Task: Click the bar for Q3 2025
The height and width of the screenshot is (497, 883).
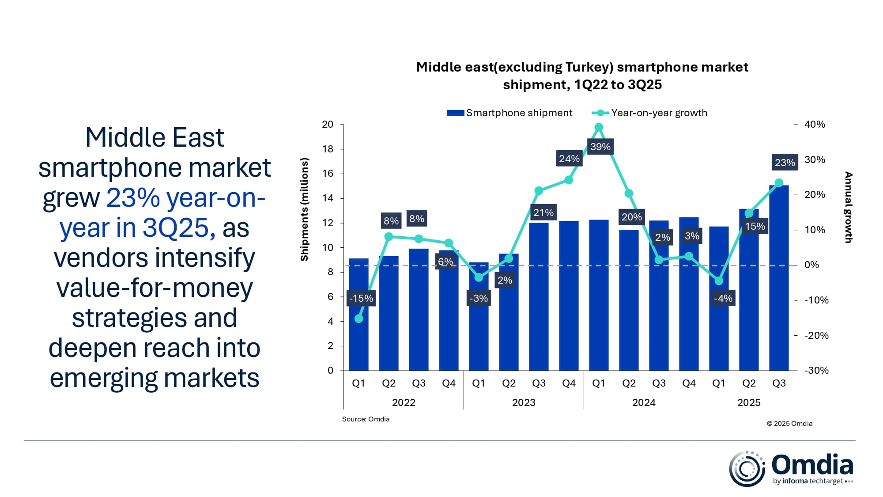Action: click(778, 278)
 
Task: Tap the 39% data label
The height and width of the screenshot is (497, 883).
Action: click(600, 147)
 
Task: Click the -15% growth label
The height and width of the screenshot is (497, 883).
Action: click(361, 298)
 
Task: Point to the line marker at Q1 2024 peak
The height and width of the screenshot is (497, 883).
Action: click(599, 127)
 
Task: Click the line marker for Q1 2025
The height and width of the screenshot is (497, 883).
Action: click(719, 281)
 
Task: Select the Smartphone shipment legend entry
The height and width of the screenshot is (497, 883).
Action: click(509, 113)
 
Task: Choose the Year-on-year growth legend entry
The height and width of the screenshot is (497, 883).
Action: click(650, 113)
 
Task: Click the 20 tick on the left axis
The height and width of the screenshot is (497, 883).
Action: click(328, 125)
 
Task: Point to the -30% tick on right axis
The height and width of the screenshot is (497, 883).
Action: click(816, 371)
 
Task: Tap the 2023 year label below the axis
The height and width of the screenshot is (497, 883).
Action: click(524, 402)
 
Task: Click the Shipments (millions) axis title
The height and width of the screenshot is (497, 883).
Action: click(304, 209)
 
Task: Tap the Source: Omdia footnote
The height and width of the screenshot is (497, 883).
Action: click(366, 419)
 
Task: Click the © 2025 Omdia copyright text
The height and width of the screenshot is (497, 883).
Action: click(789, 424)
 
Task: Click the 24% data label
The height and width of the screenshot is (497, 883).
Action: click(569, 159)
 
